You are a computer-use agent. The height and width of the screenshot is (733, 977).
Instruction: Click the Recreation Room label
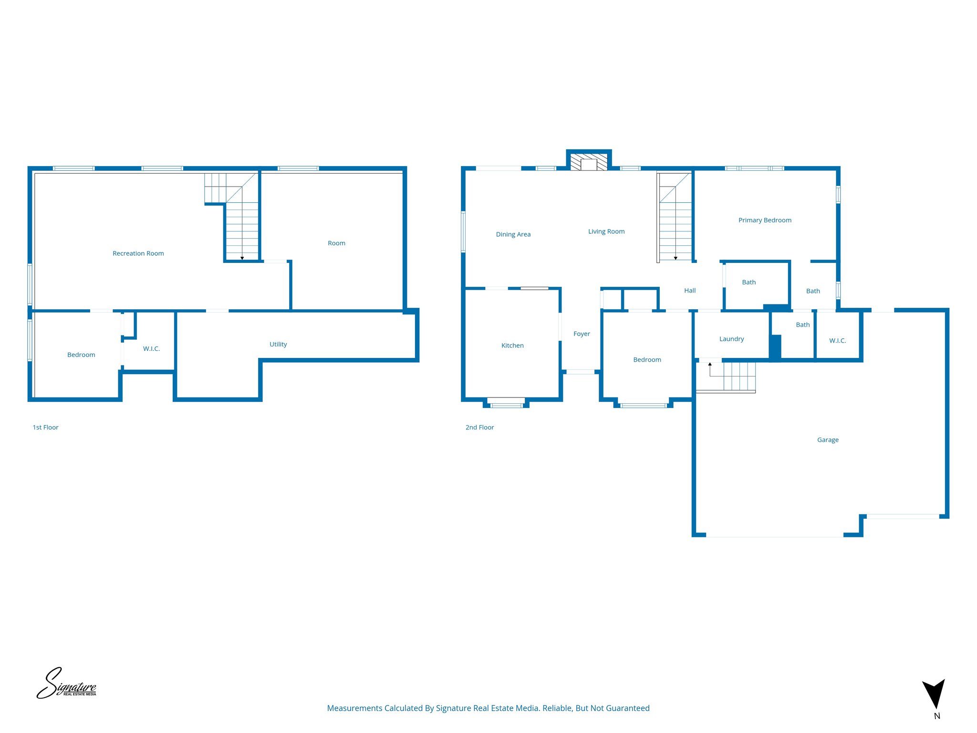pyautogui.click(x=138, y=253)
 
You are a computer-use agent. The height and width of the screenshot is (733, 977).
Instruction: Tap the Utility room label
pyautogui.click(x=278, y=344)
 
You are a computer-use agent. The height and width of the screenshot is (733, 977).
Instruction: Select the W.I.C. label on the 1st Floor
pyautogui.click(x=151, y=349)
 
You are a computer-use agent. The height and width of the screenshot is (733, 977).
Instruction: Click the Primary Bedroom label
pyautogui.click(x=765, y=220)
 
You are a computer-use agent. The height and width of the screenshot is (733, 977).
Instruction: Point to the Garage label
pyautogui.click(x=828, y=440)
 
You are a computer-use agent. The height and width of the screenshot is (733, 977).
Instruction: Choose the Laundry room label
pyautogui.click(x=731, y=339)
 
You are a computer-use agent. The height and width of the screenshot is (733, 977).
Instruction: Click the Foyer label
pyautogui.click(x=582, y=334)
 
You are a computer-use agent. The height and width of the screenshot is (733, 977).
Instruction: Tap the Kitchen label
pyautogui.click(x=512, y=346)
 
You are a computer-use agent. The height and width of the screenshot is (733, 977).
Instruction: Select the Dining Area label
pyautogui.click(x=513, y=234)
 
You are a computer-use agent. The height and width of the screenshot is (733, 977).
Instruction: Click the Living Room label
pyautogui.click(x=606, y=231)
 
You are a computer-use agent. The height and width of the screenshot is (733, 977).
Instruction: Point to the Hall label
pyautogui.click(x=690, y=291)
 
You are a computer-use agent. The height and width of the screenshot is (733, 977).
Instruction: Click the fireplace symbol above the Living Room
pyautogui.click(x=589, y=162)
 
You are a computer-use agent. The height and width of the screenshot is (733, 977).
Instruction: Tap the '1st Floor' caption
pyautogui.click(x=45, y=428)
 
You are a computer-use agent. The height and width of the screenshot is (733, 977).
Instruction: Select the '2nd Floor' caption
pyautogui.click(x=479, y=428)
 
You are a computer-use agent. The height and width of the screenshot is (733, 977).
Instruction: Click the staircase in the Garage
pyautogui.click(x=732, y=377)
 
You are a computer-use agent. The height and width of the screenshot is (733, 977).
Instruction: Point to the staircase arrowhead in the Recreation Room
pyautogui.click(x=242, y=258)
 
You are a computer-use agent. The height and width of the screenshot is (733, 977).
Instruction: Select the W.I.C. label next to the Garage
pyautogui.click(x=837, y=341)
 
